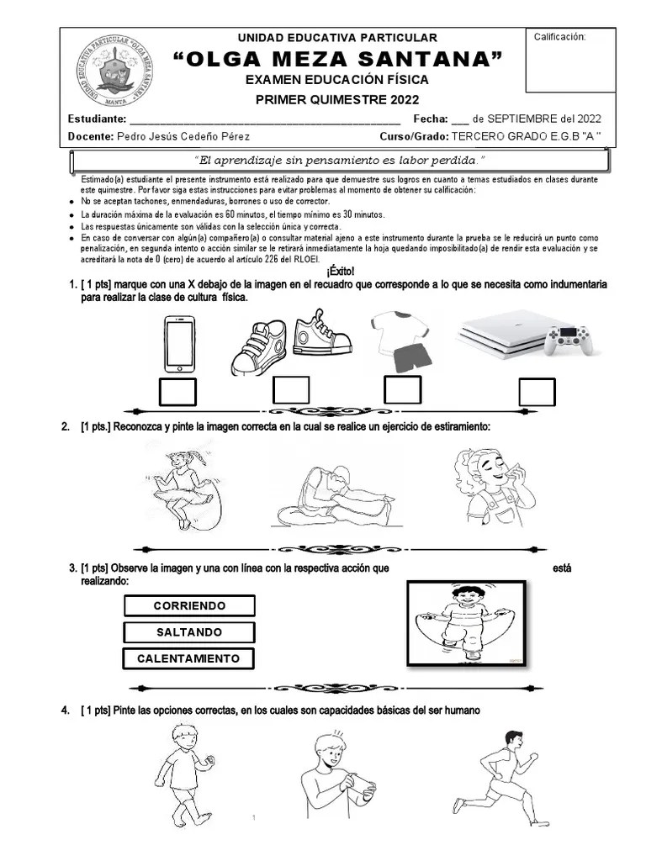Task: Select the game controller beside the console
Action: click(569, 338)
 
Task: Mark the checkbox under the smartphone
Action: click(178, 392)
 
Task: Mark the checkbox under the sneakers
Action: click(291, 391)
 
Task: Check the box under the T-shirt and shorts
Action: click(403, 391)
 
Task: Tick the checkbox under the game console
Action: click(537, 392)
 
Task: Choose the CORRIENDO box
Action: click(189, 606)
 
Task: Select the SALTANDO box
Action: click(189, 632)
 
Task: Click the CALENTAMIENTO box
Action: click(189, 658)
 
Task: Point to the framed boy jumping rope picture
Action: click(471, 623)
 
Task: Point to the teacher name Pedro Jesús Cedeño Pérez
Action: click(183, 136)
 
